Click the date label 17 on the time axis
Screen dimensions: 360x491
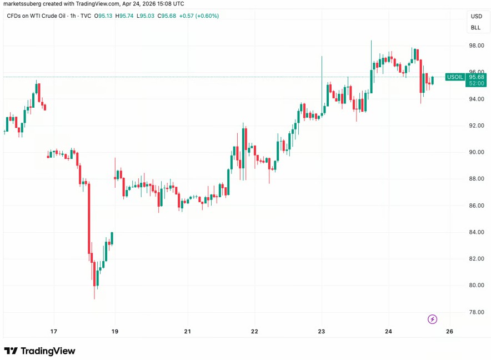(54, 332)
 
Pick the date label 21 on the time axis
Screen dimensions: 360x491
(188, 332)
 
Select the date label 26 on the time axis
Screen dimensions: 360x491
(449, 332)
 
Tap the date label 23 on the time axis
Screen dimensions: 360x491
(322, 332)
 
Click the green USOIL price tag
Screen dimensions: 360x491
(455, 77)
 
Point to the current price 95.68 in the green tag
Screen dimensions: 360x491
(477, 77)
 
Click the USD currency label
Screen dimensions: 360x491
(477, 16)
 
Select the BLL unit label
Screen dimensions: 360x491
(476, 27)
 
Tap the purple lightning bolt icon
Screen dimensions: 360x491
(433, 319)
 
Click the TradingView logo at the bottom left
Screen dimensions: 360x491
(39, 351)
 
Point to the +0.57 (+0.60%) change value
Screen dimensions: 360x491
(198, 16)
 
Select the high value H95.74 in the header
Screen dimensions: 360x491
(127, 16)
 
